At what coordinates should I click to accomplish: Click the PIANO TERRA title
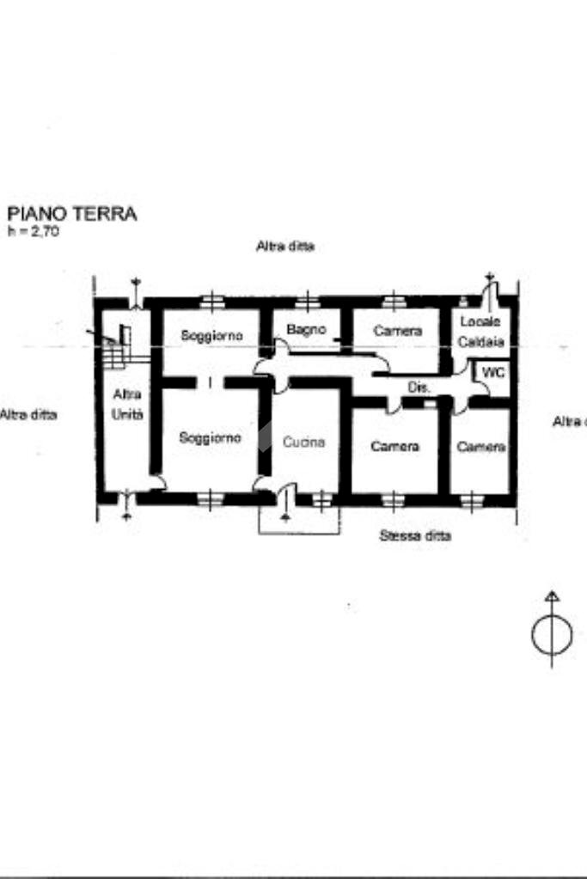[72, 214]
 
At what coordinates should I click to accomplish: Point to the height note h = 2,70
[34, 231]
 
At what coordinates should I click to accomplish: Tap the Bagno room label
[306, 329]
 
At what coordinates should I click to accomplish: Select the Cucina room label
[304, 442]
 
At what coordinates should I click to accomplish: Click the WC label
[492, 373]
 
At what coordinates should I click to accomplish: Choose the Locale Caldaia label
[480, 331]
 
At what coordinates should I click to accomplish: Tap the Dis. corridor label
[419, 388]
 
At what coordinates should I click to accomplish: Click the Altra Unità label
[127, 403]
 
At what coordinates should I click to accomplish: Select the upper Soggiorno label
[211, 334]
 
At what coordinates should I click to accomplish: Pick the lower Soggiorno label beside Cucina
[210, 437]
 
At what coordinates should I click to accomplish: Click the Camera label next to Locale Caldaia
[397, 331]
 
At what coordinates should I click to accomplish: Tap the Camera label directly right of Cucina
[394, 446]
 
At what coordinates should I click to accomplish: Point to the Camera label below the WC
[481, 447]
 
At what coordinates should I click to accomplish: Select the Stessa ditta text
[415, 535]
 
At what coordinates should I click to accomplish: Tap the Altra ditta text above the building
[284, 246]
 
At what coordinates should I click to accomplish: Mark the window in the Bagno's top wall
[307, 301]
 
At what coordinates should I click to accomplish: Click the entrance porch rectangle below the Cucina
[299, 520]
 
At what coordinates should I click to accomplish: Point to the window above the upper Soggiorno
[211, 301]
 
